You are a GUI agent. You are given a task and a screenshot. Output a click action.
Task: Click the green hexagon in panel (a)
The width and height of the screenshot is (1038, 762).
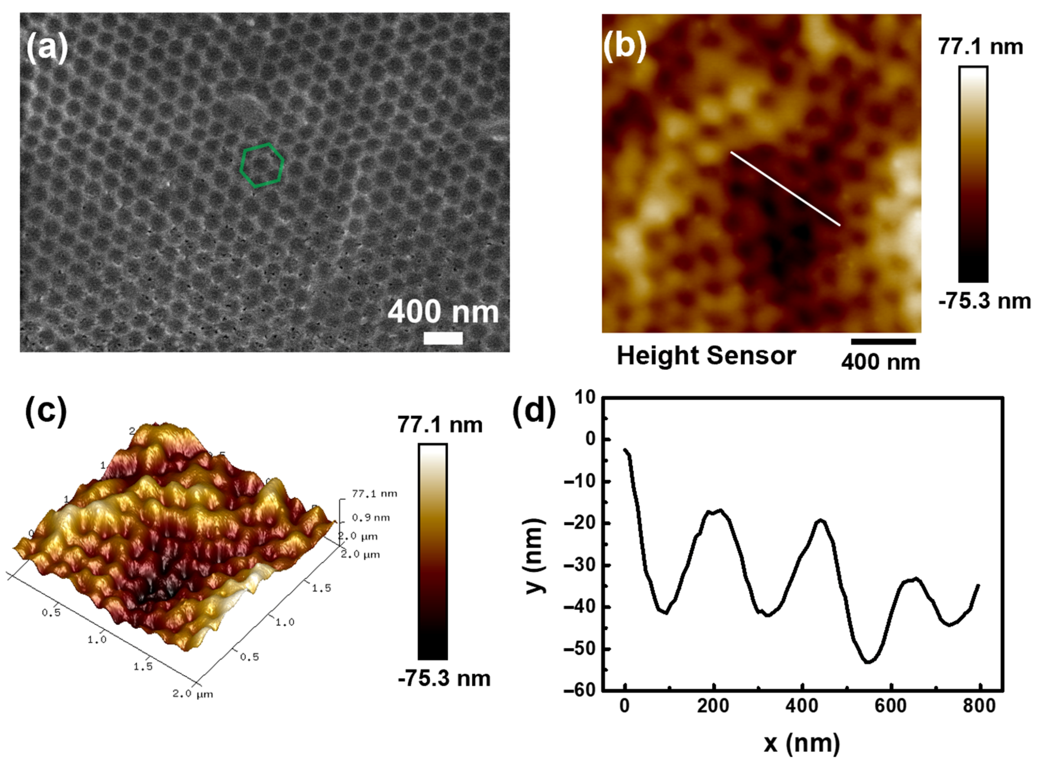click(x=261, y=165)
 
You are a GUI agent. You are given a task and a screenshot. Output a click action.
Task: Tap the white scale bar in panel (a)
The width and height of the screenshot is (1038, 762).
click(x=443, y=338)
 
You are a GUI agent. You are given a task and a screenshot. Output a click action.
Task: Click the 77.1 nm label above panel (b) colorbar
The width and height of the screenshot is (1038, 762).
click(x=980, y=47)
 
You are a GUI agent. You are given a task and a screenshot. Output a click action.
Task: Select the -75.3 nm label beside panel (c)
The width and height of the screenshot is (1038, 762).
click(x=444, y=678)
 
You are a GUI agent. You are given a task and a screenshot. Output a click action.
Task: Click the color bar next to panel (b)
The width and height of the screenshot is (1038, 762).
click(x=973, y=174)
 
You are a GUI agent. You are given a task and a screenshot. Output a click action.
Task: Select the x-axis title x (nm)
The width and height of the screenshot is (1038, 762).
click(x=802, y=743)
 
